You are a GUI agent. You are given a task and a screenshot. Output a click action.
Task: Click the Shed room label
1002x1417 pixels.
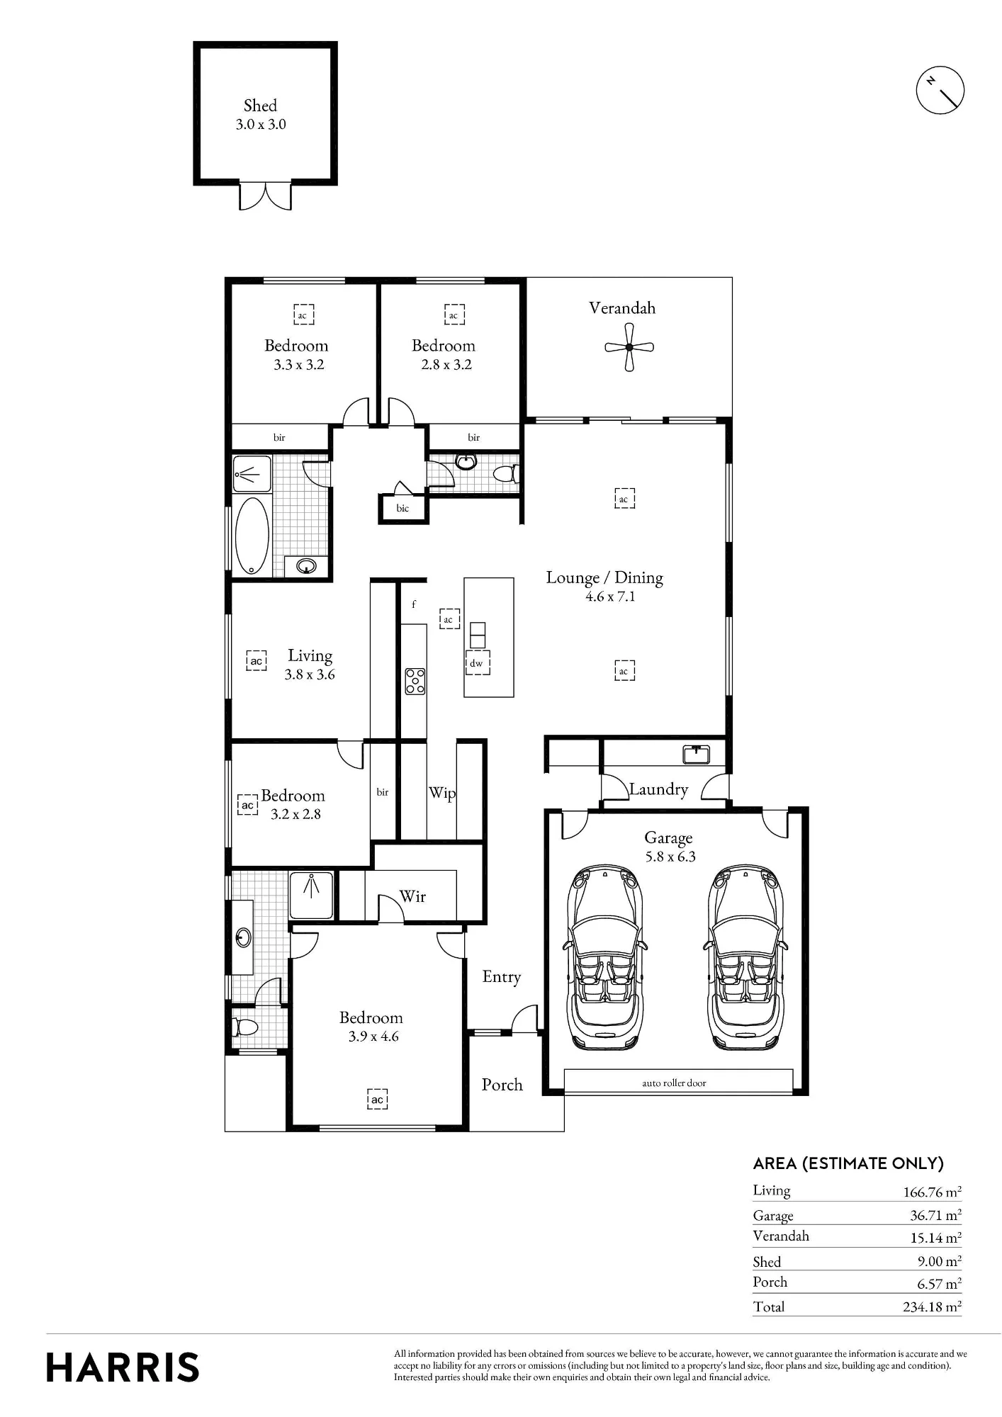pyautogui.click(x=260, y=106)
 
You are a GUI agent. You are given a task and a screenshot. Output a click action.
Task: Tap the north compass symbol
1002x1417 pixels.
pyautogui.click(x=940, y=90)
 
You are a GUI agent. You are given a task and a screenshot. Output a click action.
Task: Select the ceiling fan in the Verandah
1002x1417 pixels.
pyautogui.click(x=629, y=347)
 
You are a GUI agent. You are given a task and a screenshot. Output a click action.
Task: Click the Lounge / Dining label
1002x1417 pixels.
pyautogui.click(x=604, y=578)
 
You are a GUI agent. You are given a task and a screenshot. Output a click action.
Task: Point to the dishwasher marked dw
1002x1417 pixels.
pyautogui.click(x=477, y=662)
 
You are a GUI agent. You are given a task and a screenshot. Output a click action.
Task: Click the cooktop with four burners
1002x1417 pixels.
pyautogui.click(x=415, y=681)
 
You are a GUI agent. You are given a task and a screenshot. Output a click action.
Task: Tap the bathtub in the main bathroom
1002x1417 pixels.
pyautogui.click(x=252, y=535)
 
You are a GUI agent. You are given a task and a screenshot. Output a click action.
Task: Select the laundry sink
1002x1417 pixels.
pyautogui.click(x=696, y=755)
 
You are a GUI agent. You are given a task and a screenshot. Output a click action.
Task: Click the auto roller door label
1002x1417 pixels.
pyautogui.click(x=674, y=1083)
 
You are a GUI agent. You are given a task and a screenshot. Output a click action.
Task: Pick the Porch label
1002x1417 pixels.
pyautogui.click(x=502, y=1085)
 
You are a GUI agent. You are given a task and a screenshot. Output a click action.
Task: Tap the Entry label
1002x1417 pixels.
pyautogui.click(x=502, y=977)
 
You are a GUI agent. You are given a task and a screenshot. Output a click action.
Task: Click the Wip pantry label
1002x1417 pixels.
pyautogui.click(x=442, y=793)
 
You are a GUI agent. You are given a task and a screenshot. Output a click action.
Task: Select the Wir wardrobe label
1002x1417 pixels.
pyautogui.click(x=412, y=896)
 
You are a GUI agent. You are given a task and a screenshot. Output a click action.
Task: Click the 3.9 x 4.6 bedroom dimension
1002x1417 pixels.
pyautogui.click(x=373, y=1037)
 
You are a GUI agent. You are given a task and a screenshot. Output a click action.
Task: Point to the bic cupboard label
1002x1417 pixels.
pyautogui.click(x=403, y=508)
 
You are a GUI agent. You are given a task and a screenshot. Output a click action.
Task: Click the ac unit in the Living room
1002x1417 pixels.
pyautogui.click(x=257, y=660)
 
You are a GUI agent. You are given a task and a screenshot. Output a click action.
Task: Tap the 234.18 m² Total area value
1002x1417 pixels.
pyautogui.click(x=932, y=1306)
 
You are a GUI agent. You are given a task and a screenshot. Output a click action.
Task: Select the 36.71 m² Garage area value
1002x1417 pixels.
pyautogui.click(x=935, y=1215)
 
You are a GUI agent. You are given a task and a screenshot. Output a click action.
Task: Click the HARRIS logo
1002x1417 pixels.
pyautogui.click(x=123, y=1367)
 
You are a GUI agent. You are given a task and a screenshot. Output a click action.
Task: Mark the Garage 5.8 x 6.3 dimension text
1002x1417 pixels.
pyautogui.click(x=670, y=857)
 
